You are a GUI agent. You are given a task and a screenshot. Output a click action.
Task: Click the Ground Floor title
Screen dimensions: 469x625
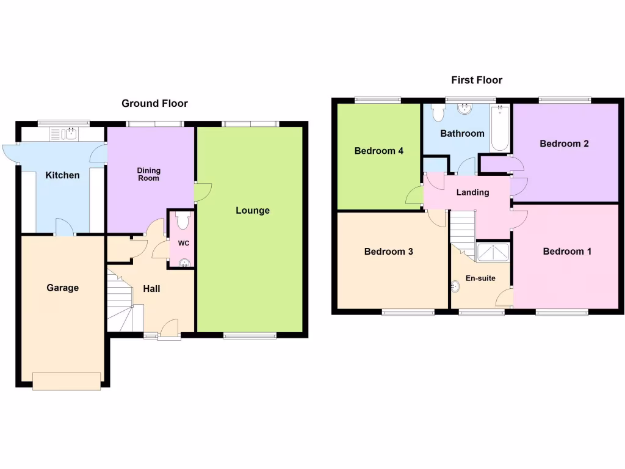(x=154, y=103)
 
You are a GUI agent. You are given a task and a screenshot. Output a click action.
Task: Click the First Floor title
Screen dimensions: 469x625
(x=477, y=80)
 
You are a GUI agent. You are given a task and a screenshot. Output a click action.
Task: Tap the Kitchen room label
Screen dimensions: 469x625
(x=62, y=175)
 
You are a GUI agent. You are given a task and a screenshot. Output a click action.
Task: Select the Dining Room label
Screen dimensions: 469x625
(x=148, y=175)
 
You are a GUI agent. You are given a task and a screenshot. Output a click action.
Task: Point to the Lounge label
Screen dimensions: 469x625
(x=253, y=211)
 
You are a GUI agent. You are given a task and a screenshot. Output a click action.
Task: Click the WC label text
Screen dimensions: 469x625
(x=184, y=243)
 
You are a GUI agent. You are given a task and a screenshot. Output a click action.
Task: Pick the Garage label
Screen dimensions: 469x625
(x=62, y=288)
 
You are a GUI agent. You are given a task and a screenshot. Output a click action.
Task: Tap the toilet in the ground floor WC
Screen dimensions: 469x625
(x=183, y=220)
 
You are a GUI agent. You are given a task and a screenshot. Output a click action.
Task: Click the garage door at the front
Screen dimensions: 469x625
(x=67, y=380)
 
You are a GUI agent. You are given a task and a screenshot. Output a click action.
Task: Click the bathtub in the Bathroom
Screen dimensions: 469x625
(x=500, y=128)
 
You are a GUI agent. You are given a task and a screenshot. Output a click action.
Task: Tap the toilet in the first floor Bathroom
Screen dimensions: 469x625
(x=438, y=112)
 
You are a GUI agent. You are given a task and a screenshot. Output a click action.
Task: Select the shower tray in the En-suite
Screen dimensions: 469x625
(x=493, y=252)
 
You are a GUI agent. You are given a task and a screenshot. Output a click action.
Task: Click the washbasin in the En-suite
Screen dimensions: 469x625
(x=455, y=285)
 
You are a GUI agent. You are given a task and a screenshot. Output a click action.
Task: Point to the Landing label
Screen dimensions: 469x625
(x=472, y=192)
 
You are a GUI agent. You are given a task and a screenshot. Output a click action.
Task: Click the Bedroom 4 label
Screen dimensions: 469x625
(x=378, y=151)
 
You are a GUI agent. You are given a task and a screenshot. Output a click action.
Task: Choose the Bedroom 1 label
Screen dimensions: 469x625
(x=566, y=252)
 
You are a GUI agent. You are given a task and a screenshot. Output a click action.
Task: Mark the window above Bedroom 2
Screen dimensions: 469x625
(x=565, y=100)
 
